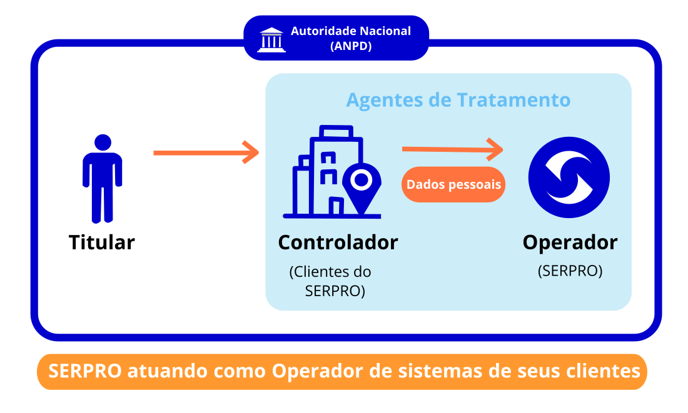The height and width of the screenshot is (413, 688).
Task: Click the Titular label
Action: (x=102, y=242)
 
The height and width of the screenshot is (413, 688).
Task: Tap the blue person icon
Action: (x=102, y=179)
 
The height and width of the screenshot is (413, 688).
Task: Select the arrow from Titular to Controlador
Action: (x=206, y=152)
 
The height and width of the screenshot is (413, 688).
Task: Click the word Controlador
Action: (x=338, y=242)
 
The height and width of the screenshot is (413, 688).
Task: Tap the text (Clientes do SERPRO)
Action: (x=330, y=281)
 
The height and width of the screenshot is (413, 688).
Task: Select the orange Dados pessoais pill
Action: (x=453, y=184)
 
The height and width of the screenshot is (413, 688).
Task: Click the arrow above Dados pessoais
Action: (x=452, y=149)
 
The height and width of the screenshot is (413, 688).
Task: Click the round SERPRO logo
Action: (x=569, y=177)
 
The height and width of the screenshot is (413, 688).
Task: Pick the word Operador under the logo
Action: (x=570, y=242)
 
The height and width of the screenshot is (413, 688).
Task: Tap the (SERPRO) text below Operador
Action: (x=570, y=271)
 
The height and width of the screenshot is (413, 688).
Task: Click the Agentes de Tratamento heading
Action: (x=458, y=101)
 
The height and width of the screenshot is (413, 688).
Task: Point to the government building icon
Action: (x=271, y=40)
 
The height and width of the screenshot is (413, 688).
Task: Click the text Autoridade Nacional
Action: (x=351, y=31)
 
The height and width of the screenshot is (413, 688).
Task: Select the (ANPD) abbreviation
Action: (x=351, y=46)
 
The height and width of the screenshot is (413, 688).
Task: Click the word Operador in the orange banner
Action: (x=318, y=371)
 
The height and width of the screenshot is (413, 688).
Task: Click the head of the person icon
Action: (x=103, y=142)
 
